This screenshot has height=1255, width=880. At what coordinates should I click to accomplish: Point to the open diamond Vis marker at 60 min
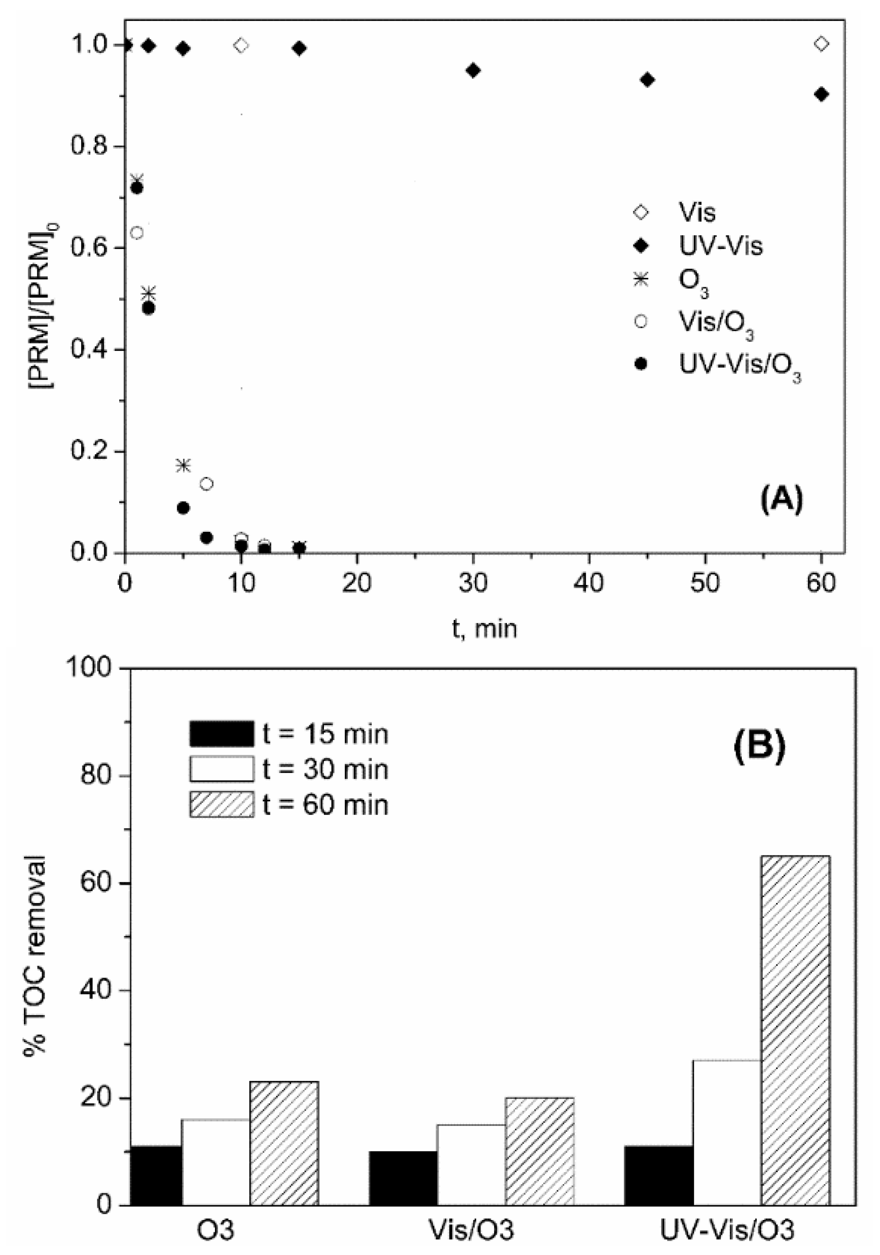pyautogui.click(x=821, y=44)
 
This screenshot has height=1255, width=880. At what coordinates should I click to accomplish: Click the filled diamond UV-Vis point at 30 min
pyautogui.click(x=473, y=70)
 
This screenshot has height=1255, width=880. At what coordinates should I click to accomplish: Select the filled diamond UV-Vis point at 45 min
pyautogui.click(x=648, y=80)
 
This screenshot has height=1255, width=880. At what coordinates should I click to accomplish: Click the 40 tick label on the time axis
pyautogui.click(x=589, y=583)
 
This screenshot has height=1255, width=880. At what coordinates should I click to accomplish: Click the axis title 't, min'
pyautogui.click(x=484, y=628)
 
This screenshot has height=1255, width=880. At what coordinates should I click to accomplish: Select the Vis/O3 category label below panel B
pyautogui.click(x=471, y=1230)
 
